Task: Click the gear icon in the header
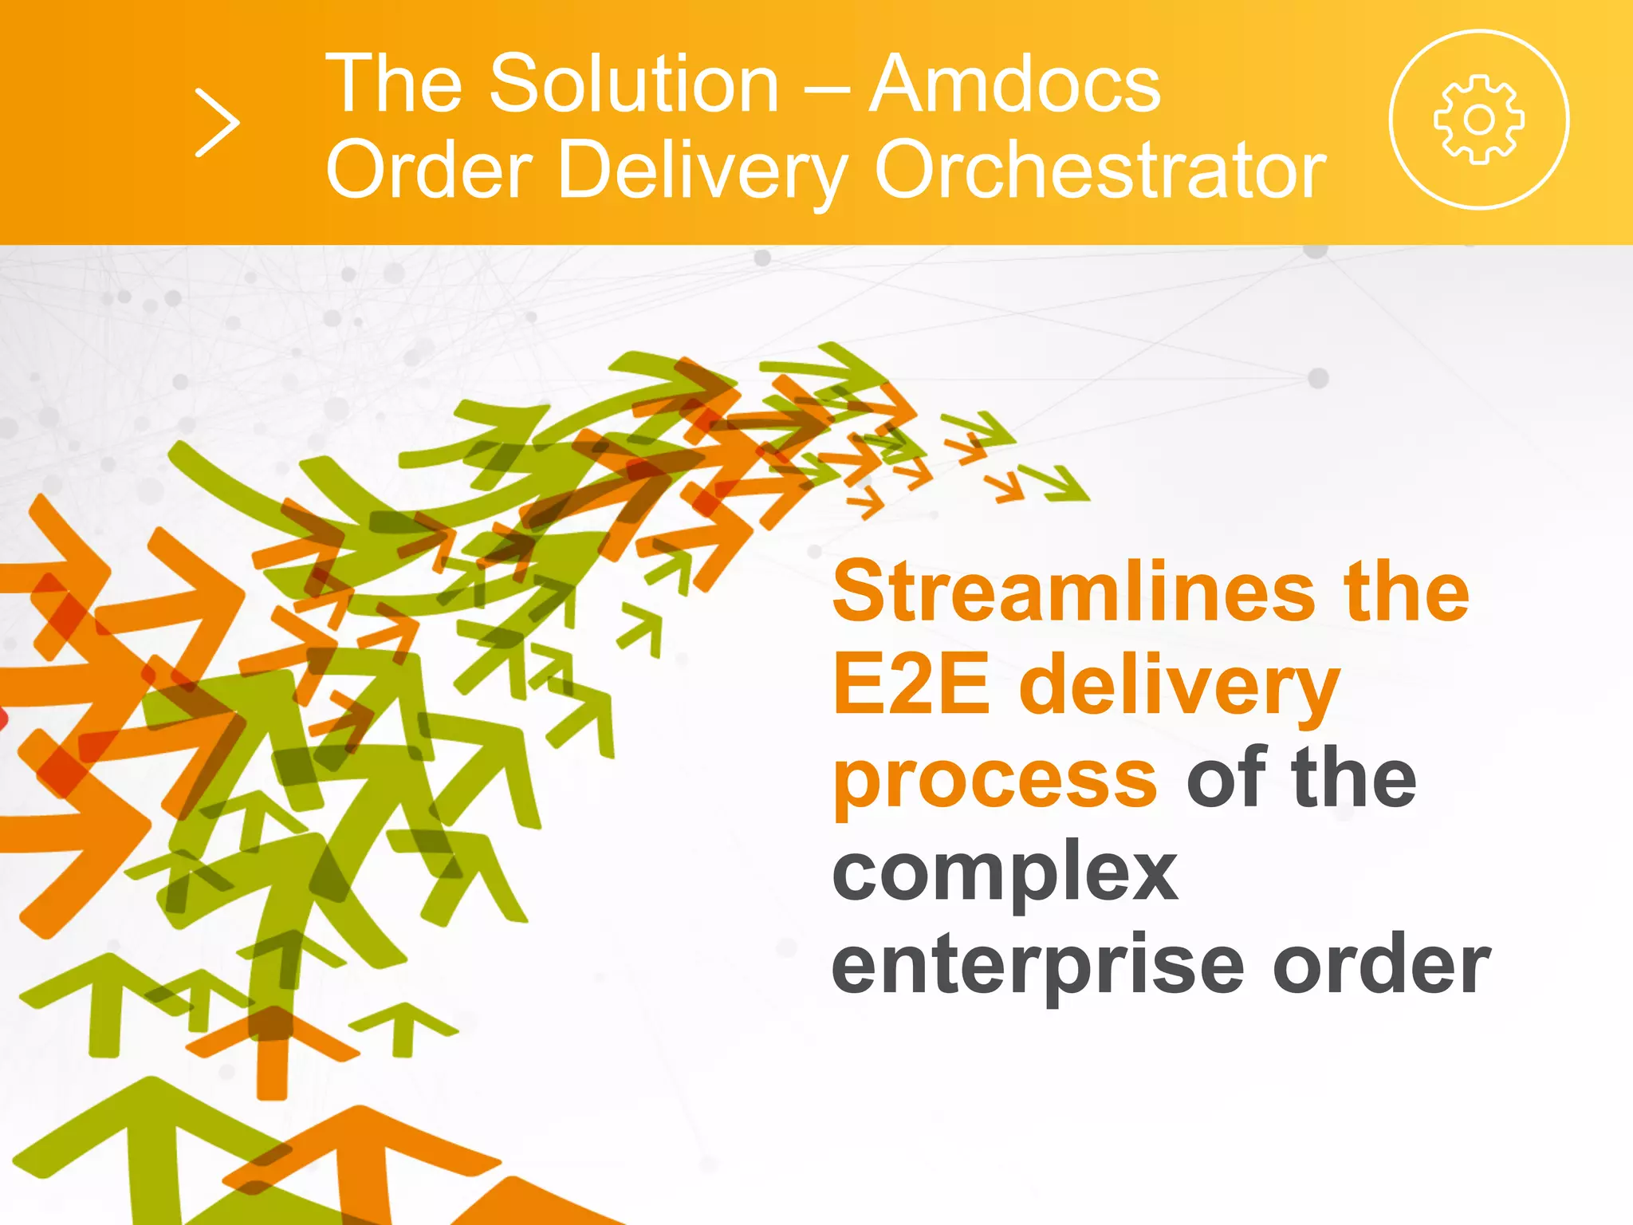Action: [x=1479, y=120]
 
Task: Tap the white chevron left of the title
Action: [x=217, y=123]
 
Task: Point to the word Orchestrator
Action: [x=1100, y=170]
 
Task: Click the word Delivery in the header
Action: [x=702, y=171]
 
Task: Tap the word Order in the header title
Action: [x=429, y=170]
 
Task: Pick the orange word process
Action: [x=994, y=778]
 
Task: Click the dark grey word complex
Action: [x=1005, y=872]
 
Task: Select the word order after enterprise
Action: [x=1381, y=965]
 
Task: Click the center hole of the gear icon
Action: [x=1479, y=120]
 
